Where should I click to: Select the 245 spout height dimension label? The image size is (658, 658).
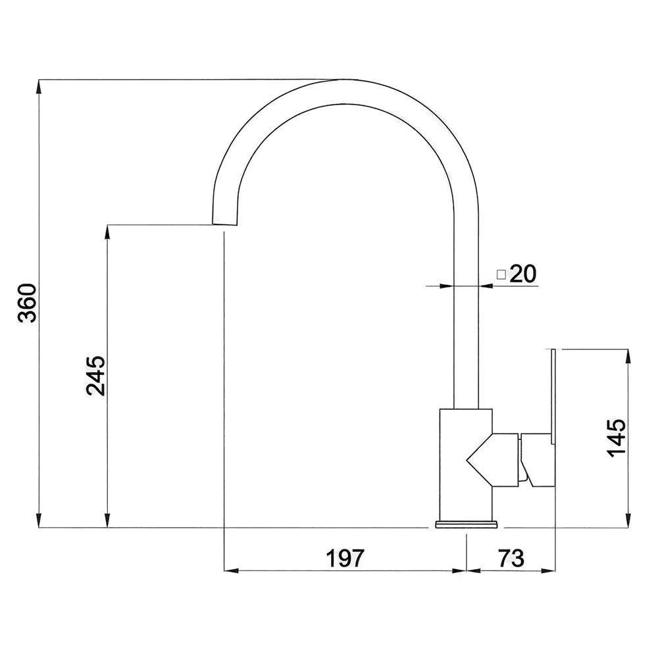point(95,376)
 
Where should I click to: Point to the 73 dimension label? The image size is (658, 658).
point(511,558)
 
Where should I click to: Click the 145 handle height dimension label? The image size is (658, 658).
point(617,438)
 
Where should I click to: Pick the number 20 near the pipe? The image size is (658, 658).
point(523,274)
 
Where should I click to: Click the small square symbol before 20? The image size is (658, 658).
point(501,275)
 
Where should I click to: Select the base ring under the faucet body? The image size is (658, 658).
point(467,524)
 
